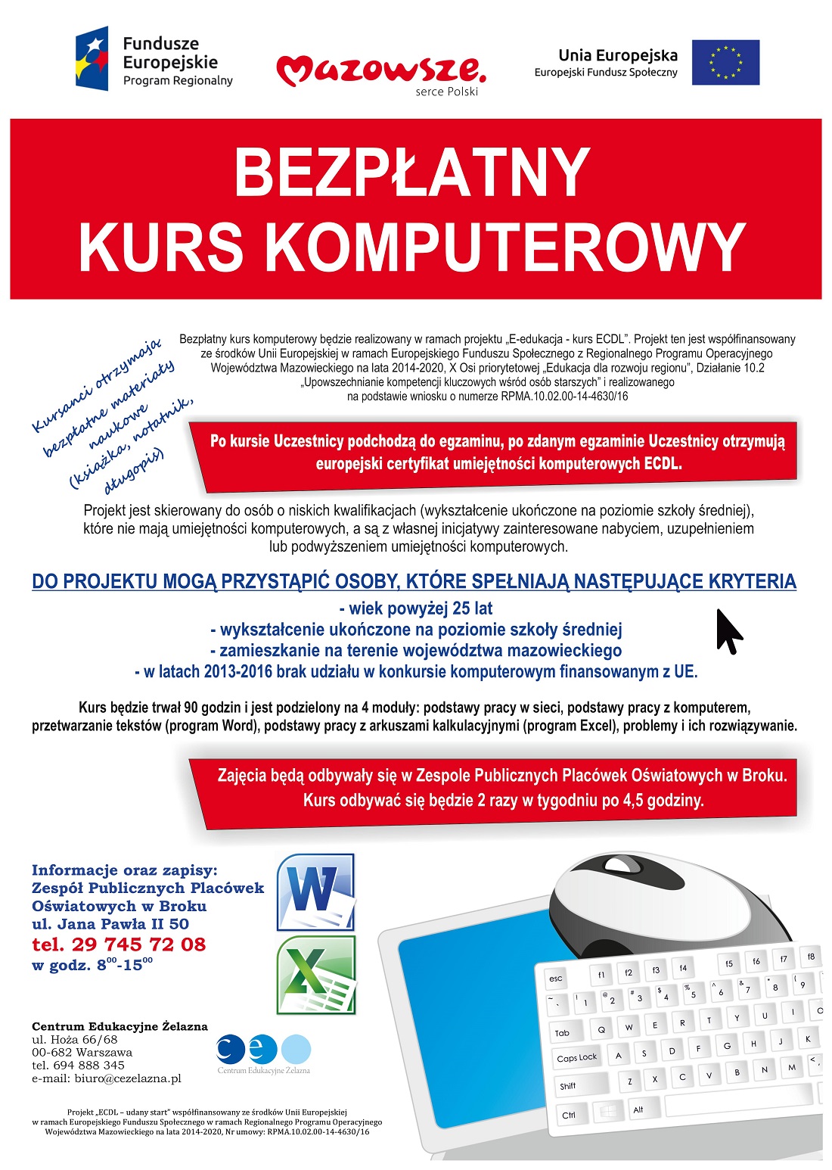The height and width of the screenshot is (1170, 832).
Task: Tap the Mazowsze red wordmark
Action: tap(380, 71)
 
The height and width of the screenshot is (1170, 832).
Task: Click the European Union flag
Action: tap(725, 62)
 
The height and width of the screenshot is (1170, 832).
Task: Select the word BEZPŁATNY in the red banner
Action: tap(412, 173)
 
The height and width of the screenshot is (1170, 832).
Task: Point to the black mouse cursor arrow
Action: tap(728, 630)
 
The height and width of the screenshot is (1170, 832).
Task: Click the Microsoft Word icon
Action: tap(315, 892)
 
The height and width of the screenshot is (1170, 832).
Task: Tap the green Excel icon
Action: tap(315, 975)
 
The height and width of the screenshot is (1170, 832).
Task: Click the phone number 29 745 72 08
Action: tap(138, 944)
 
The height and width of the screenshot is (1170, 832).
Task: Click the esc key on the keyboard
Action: tap(556, 979)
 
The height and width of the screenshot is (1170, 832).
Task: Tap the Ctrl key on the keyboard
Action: tap(569, 1115)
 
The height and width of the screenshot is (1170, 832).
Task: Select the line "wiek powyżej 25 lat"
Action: tap(416, 608)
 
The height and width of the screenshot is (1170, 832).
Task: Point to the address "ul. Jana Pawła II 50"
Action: tap(110, 924)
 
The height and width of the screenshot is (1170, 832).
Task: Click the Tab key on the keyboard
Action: tap(563, 1032)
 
